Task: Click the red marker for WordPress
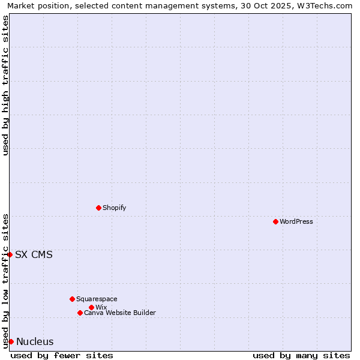click(x=275, y=221)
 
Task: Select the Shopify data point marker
click(x=98, y=208)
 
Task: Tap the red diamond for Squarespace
click(x=72, y=299)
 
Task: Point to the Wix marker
click(x=91, y=307)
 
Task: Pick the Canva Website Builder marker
click(x=80, y=313)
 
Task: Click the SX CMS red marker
click(x=10, y=254)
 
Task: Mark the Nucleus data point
click(x=11, y=341)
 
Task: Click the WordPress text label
click(x=296, y=221)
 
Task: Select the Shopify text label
click(x=115, y=208)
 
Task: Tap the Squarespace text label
click(x=97, y=299)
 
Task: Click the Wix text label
click(x=101, y=307)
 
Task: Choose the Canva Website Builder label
click(x=120, y=313)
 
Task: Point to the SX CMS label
click(x=34, y=254)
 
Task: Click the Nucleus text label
click(x=35, y=342)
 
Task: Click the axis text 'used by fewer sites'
click(x=62, y=355)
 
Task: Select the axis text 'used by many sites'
click(x=301, y=355)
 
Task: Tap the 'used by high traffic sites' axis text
click(x=5, y=85)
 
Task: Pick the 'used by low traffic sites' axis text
click(x=5, y=280)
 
